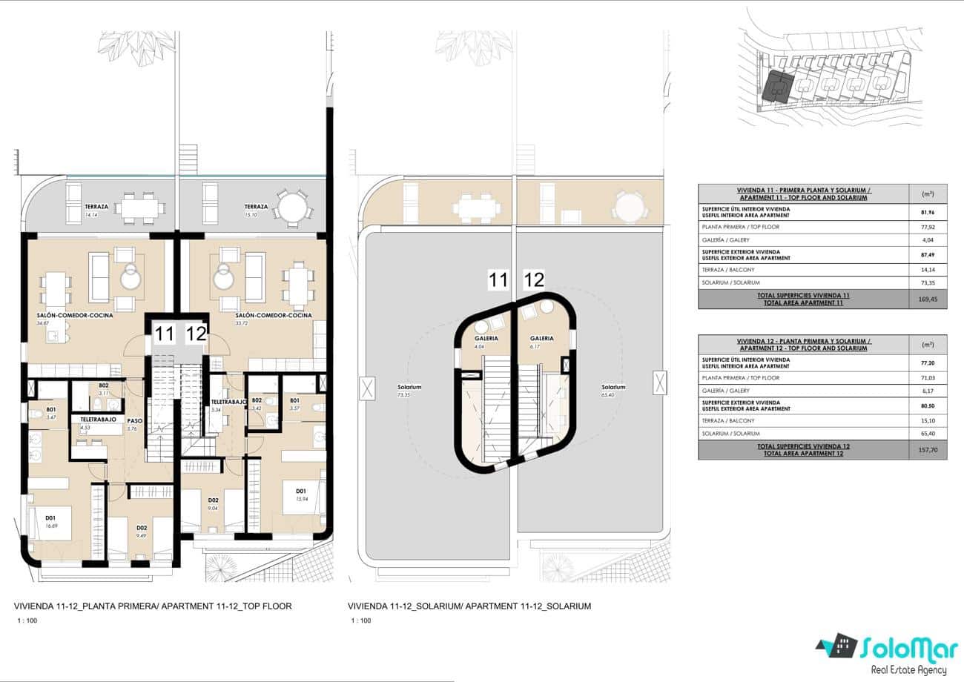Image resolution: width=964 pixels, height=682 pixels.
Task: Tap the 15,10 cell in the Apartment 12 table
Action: [927, 420]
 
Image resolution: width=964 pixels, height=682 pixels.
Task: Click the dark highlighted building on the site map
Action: [776, 86]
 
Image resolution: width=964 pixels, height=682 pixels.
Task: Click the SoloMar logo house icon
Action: [836, 647]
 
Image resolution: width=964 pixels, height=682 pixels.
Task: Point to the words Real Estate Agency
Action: [908, 670]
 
